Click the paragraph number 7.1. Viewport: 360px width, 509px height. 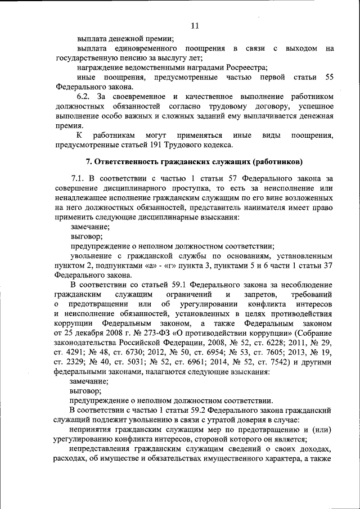pos(78,179)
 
